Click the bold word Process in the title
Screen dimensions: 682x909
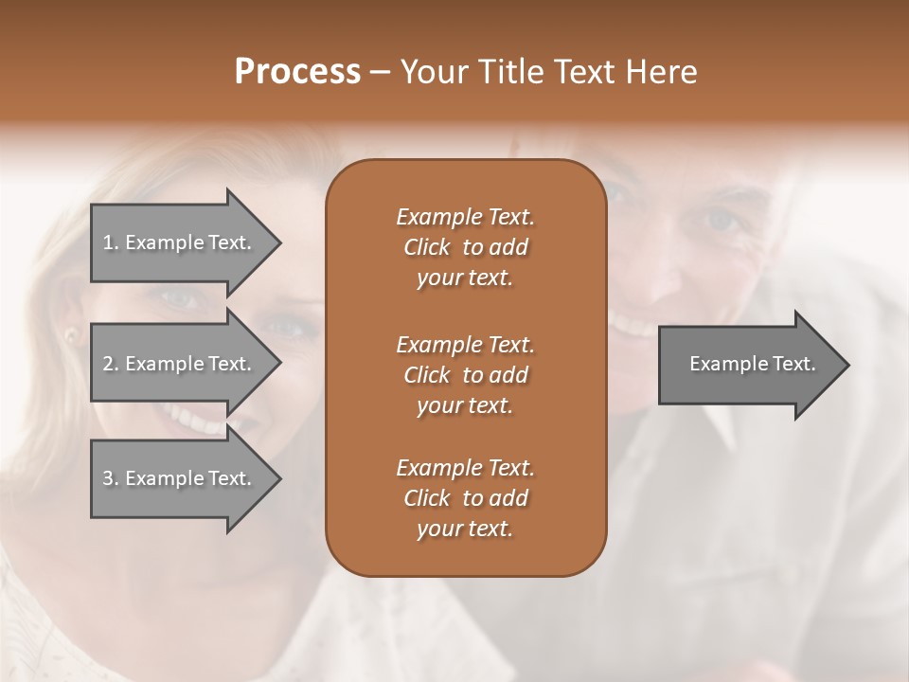(x=297, y=72)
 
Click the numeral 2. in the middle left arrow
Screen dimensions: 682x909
(x=110, y=364)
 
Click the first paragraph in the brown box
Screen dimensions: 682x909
(x=465, y=247)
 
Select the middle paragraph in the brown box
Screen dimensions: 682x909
(x=465, y=375)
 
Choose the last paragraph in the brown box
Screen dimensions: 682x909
(x=465, y=498)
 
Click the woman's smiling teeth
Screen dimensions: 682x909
(x=194, y=417)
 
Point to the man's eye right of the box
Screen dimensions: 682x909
(x=723, y=220)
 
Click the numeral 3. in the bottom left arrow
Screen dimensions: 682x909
(x=110, y=478)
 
